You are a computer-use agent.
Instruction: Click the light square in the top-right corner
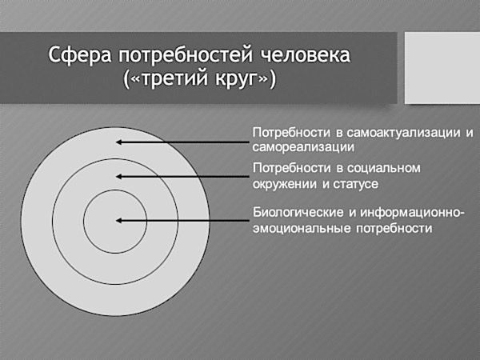pyautogui.click(x=442, y=67)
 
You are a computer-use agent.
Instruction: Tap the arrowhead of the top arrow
pyautogui.click(x=119, y=142)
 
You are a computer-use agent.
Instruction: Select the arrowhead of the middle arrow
pyautogui.click(x=119, y=176)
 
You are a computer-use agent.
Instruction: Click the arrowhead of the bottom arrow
pyautogui.click(x=119, y=219)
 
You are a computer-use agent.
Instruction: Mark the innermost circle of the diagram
pyautogui.click(x=103, y=219)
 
